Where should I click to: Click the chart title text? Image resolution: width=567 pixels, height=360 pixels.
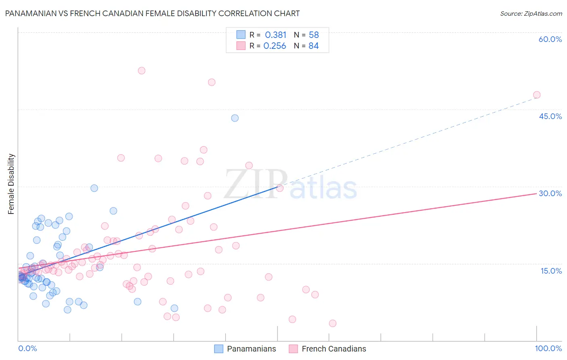point(152,13)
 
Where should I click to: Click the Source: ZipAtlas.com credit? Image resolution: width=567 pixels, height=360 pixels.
point(531,13)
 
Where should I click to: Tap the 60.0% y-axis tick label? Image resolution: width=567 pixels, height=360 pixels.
point(550,39)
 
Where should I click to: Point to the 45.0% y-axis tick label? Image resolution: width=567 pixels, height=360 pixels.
point(550,116)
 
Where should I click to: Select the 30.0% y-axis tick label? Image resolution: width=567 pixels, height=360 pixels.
point(550,193)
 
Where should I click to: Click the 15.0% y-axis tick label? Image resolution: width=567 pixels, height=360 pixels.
point(551,271)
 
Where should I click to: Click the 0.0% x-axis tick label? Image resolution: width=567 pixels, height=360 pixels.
point(27,348)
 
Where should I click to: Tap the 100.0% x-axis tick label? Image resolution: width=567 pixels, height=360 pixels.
point(548,348)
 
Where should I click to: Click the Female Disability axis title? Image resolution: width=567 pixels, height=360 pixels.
point(11,184)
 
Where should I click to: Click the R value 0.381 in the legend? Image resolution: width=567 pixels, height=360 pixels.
point(275,35)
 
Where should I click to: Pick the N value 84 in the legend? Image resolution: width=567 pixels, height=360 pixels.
point(313,46)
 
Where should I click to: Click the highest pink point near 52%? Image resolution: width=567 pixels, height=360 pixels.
point(142,71)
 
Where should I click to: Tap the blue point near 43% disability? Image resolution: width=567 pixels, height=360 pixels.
point(235,118)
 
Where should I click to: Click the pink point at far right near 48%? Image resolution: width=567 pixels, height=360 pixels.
point(536,95)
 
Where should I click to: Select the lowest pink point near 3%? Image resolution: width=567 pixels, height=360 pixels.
point(333,323)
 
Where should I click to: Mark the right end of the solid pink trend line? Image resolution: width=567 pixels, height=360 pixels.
point(536,194)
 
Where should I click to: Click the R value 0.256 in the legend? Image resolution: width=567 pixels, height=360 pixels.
point(275,46)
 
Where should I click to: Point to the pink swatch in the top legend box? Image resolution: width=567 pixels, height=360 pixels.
point(241,46)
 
